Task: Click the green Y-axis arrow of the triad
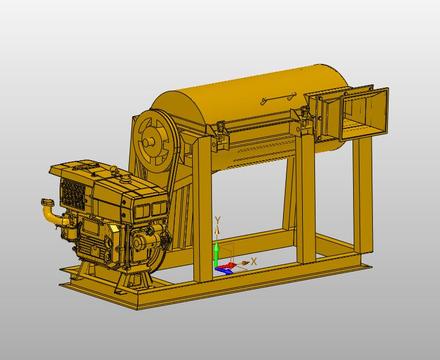click(216, 254)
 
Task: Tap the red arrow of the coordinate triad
click(229, 265)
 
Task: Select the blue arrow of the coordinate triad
click(223, 270)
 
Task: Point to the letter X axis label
click(254, 261)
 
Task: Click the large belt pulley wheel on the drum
click(155, 141)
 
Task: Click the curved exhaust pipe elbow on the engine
click(50, 212)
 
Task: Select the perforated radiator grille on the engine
click(72, 193)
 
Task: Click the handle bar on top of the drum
click(279, 97)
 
